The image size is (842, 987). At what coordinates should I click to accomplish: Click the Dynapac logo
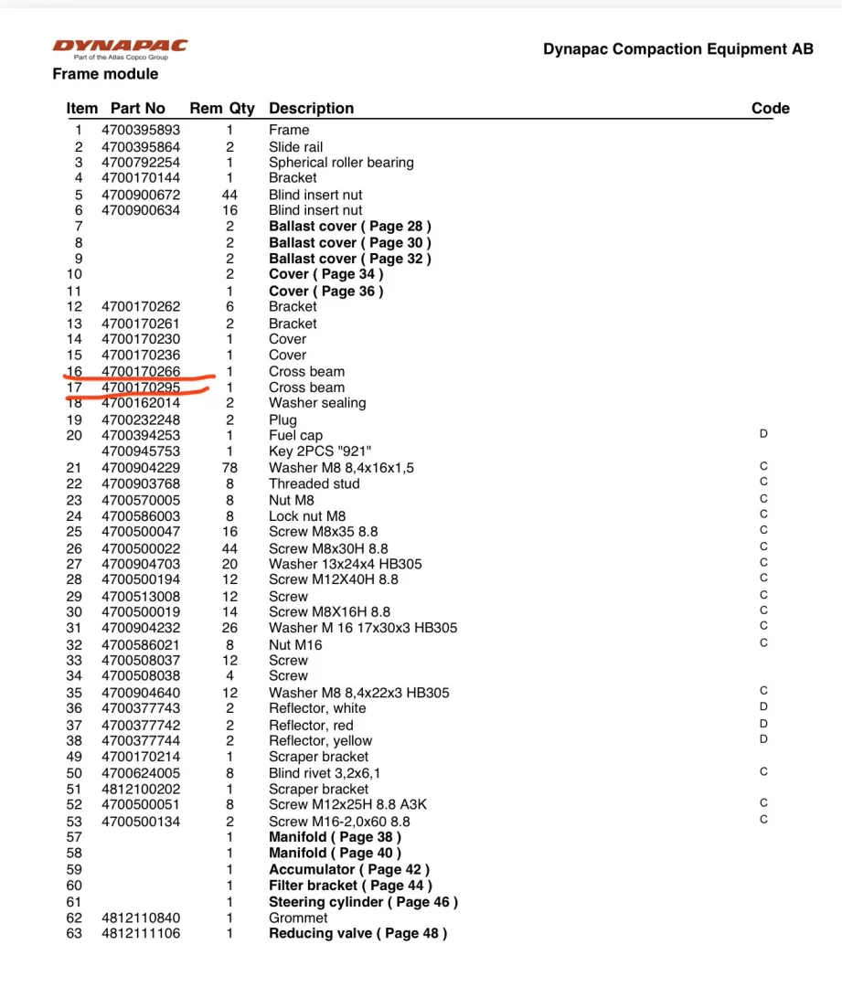[x=120, y=46]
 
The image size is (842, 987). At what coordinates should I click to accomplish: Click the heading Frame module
[x=105, y=74]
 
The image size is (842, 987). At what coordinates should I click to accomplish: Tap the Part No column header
[x=138, y=109]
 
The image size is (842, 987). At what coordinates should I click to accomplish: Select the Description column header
[x=311, y=109]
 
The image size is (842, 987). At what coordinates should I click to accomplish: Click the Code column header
[x=770, y=109]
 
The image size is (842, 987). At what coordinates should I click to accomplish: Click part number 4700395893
[x=141, y=130]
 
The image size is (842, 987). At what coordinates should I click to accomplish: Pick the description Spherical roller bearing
[x=341, y=163]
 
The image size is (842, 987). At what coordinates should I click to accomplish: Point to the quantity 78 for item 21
[x=229, y=468]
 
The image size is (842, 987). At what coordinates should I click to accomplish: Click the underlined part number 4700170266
[x=141, y=371]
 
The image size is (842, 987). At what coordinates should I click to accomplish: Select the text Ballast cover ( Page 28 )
[x=349, y=226]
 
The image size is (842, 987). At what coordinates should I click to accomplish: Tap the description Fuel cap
[x=295, y=436]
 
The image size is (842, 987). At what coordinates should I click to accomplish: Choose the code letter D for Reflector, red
[x=763, y=723]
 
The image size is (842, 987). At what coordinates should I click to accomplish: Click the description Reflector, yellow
[x=320, y=741]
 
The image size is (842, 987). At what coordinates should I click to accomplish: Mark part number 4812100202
[x=141, y=790]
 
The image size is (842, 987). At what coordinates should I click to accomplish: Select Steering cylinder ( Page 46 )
[x=363, y=902]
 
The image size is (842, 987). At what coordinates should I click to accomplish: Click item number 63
[x=74, y=933]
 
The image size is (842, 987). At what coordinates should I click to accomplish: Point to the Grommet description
[x=298, y=918]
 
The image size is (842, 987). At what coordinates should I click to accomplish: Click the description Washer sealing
[x=317, y=403]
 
